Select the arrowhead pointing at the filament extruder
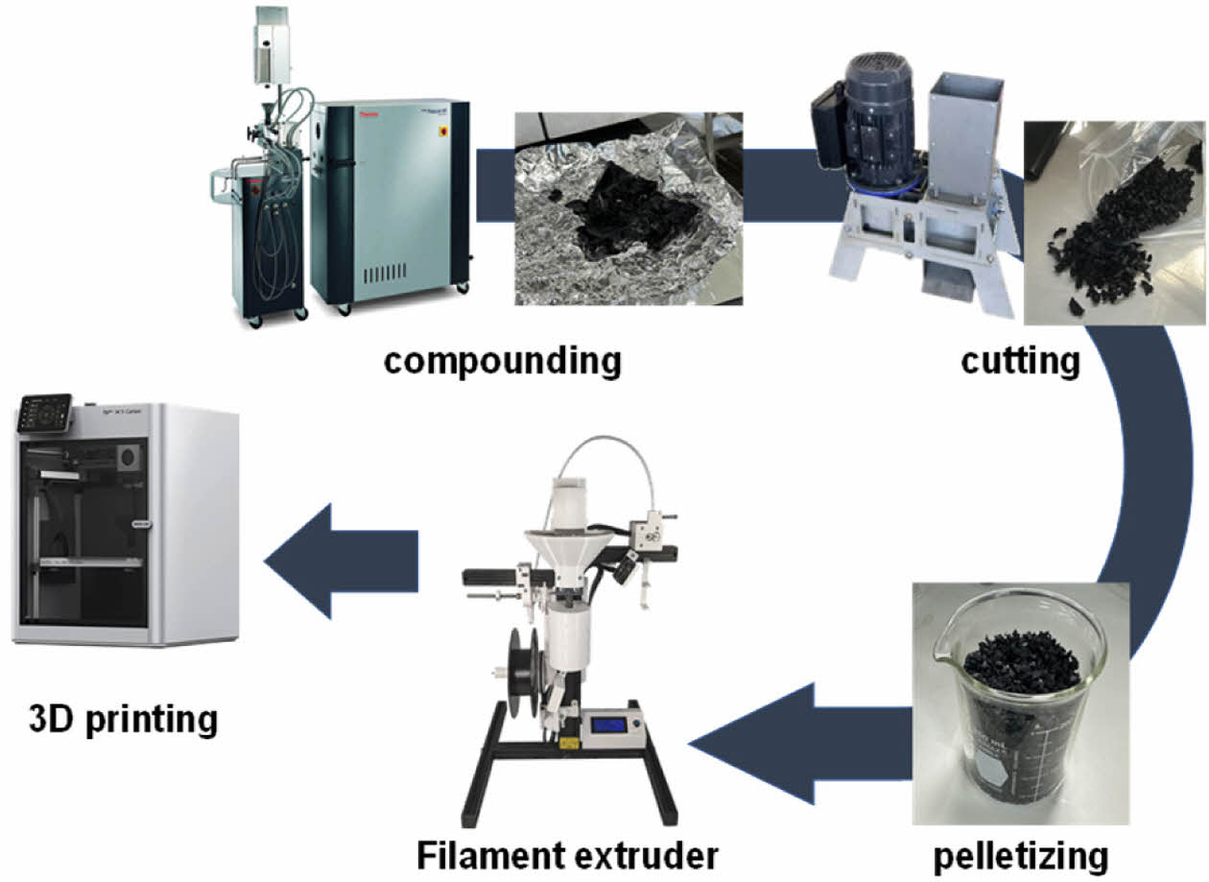coord(739,742)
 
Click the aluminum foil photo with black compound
coord(628,208)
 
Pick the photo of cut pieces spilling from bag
coord(1113,222)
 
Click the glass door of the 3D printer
coord(86,537)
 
